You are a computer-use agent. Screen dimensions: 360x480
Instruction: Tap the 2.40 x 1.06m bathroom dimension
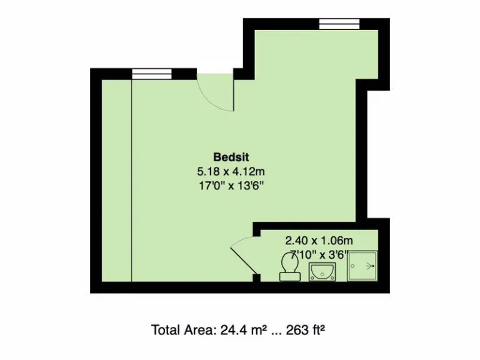(x=319, y=240)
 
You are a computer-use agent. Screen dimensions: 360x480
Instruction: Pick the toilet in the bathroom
(x=289, y=265)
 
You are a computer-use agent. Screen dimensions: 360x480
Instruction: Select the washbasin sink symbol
(x=322, y=272)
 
